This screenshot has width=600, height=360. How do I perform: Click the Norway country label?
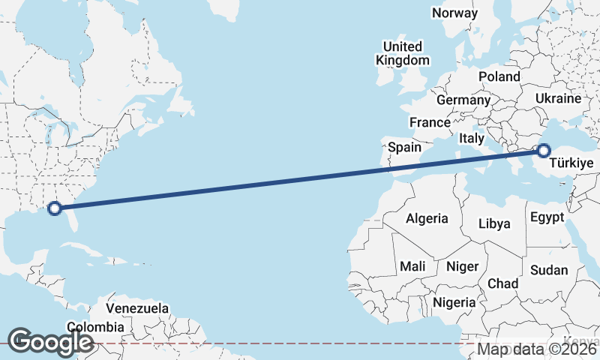click(454, 13)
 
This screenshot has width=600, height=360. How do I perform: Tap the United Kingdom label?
click(403, 53)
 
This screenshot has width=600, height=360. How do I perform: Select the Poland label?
click(499, 76)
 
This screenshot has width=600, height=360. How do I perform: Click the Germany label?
click(463, 100)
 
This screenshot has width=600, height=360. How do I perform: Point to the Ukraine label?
click(558, 98)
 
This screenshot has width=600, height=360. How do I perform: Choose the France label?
click(430, 122)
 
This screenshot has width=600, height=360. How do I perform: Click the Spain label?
click(404, 148)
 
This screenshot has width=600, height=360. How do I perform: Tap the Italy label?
click(472, 138)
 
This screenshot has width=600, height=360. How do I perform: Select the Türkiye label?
click(571, 163)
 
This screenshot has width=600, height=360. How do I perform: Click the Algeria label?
click(427, 219)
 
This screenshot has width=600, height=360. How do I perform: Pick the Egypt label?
click(546, 217)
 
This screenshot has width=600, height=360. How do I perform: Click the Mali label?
click(412, 266)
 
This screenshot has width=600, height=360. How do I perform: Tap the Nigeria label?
click(454, 302)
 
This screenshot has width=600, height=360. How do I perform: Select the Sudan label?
click(548, 270)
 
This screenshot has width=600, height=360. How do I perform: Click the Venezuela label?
click(136, 308)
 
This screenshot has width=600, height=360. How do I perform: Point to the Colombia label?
click(95, 327)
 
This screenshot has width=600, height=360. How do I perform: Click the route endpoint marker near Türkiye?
click(543, 151)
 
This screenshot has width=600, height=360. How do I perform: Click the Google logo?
click(50, 342)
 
